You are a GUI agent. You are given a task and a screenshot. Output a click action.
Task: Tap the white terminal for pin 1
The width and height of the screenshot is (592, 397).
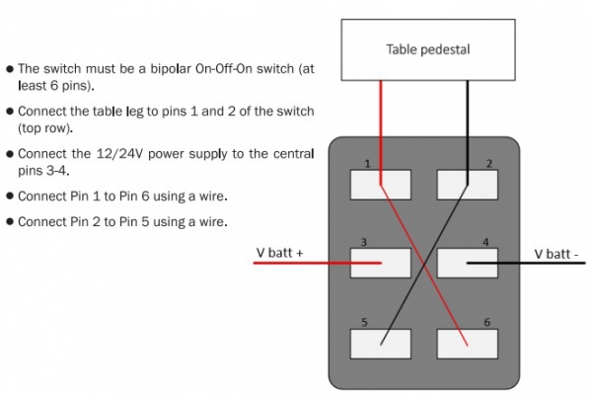click(381, 184)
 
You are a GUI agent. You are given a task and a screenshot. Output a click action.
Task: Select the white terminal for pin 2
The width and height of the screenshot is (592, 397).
click(466, 184)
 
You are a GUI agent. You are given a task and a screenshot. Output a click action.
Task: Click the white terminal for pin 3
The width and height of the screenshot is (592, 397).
click(381, 263)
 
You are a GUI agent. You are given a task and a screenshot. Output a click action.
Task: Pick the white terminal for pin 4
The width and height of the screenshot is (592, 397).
click(466, 263)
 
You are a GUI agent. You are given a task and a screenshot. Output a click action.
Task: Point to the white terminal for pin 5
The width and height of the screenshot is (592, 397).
click(381, 342)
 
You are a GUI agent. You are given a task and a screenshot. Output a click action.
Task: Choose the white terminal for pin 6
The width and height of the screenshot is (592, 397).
click(466, 342)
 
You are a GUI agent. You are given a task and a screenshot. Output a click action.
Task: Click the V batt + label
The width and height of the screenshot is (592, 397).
click(279, 254)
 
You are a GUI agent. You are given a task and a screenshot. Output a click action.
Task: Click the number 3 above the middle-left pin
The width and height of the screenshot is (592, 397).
click(364, 242)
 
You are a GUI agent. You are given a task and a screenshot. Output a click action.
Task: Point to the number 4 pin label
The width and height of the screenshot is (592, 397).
click(484, 242)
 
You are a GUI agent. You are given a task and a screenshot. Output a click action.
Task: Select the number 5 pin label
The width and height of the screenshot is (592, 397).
click(364, 322)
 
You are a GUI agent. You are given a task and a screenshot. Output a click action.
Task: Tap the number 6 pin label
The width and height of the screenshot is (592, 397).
click(484, 322)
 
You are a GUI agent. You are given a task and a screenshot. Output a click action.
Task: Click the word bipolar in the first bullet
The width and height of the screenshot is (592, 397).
click(165, 69)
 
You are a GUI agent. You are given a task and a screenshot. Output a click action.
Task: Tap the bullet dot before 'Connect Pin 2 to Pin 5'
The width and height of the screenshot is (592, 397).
click(10, 221)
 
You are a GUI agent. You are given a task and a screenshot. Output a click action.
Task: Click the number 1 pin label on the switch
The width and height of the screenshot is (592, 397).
click(366, 163)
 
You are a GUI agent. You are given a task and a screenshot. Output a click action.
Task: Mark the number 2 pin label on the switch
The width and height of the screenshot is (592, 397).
click(487, 163)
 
